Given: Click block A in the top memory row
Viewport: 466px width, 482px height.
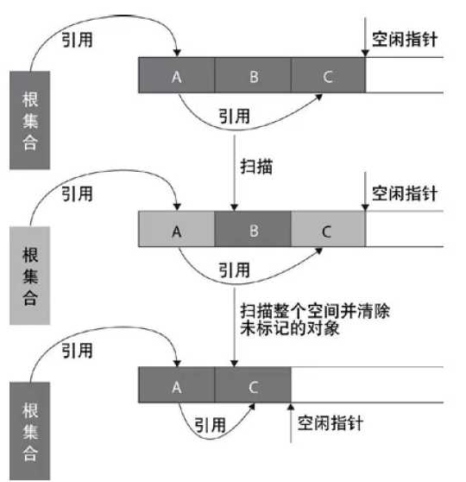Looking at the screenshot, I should point(176,75).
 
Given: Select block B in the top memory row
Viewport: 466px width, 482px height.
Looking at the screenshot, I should point(253,75).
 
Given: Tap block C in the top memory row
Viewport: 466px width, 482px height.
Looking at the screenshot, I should point(328,75).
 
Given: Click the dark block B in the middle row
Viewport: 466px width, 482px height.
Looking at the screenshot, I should point(253,231).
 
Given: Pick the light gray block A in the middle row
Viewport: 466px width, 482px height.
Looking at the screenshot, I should point(176,231).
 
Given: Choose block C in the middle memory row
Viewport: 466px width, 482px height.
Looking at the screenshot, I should point(328,231).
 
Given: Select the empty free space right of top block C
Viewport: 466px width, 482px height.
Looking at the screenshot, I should point(406,75).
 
